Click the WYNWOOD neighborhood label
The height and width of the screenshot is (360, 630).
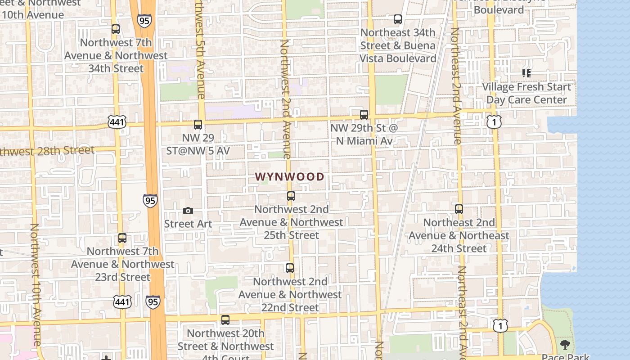click(x=289, y=177)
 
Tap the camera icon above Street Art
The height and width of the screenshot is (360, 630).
click(x=188, y=211)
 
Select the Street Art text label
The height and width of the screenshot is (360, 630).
click(x=188, y=224)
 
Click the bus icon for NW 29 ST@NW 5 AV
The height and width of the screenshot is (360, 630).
click(x=198, y=125)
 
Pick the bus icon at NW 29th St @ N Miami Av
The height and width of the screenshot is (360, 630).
click(x=364, y=115)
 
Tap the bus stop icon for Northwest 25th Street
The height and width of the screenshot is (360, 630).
click(x=291, y=196)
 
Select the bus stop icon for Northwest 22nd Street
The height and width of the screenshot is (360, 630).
click(x=290, y=268)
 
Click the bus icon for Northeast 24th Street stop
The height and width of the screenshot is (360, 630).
click(x=459, y=209)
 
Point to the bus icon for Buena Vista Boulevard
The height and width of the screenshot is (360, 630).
click(x=398, y=19)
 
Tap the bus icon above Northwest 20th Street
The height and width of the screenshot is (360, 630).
click(x=225, y=320)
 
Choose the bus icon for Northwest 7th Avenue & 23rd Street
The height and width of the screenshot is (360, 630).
click(x=122, y=238)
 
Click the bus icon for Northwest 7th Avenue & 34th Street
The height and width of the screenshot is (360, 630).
click(x=116, y=29)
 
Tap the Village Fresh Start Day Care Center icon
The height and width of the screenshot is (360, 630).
click(x=526, y=73)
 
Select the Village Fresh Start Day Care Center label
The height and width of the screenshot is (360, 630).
click(x=526, y=93)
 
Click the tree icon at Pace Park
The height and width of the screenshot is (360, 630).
click(x=565, y=345)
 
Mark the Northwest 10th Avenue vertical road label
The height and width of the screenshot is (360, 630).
click(x=36, y=283)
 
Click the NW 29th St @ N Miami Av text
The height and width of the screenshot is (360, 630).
click(x=364, y=134)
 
